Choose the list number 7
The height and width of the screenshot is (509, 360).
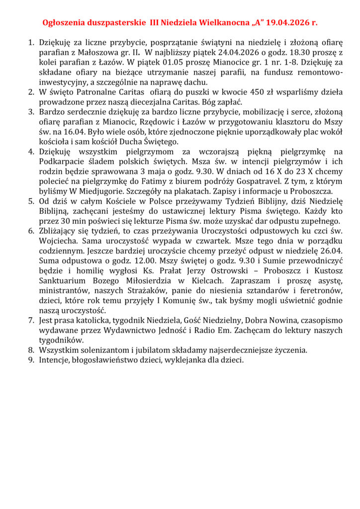pos(31,321)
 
